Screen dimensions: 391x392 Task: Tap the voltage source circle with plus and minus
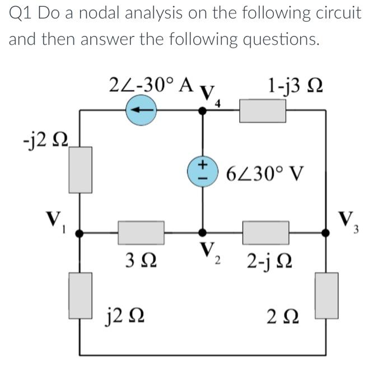tap(202, 170)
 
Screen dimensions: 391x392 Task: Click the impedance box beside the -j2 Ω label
tap(81, 170)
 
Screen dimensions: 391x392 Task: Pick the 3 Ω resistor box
tap(141, 232)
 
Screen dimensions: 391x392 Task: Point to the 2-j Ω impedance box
tap(265, 232)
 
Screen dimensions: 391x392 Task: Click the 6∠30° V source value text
tap(265, 173)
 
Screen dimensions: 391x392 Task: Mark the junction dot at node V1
tap(80, 232)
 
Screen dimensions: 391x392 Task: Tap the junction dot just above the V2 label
tap(202, 232)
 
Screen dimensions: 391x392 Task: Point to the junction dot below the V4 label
tap(202, 110)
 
